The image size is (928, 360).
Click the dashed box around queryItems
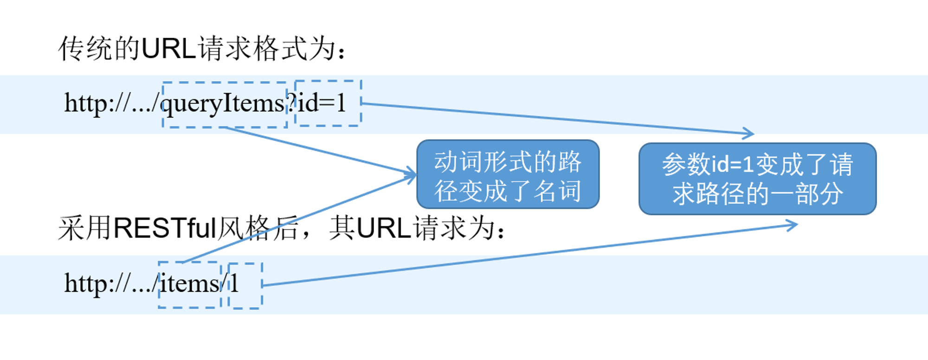click(225, 83)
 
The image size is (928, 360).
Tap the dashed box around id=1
click(328, 81)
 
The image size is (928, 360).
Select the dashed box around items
click(189, 263)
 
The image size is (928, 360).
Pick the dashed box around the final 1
click(245, 264)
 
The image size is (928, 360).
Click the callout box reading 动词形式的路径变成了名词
click(508, 174)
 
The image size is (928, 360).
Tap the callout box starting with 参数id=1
click(757, 179)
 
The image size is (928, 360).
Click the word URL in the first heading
click(169, 48)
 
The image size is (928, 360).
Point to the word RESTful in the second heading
click(165, 228)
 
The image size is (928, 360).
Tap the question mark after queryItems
click(291, 103)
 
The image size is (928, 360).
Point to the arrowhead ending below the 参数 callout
click(792, 225)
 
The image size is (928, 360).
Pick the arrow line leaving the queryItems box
click(320, 151)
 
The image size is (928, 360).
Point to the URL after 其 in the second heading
click(385, 228)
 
